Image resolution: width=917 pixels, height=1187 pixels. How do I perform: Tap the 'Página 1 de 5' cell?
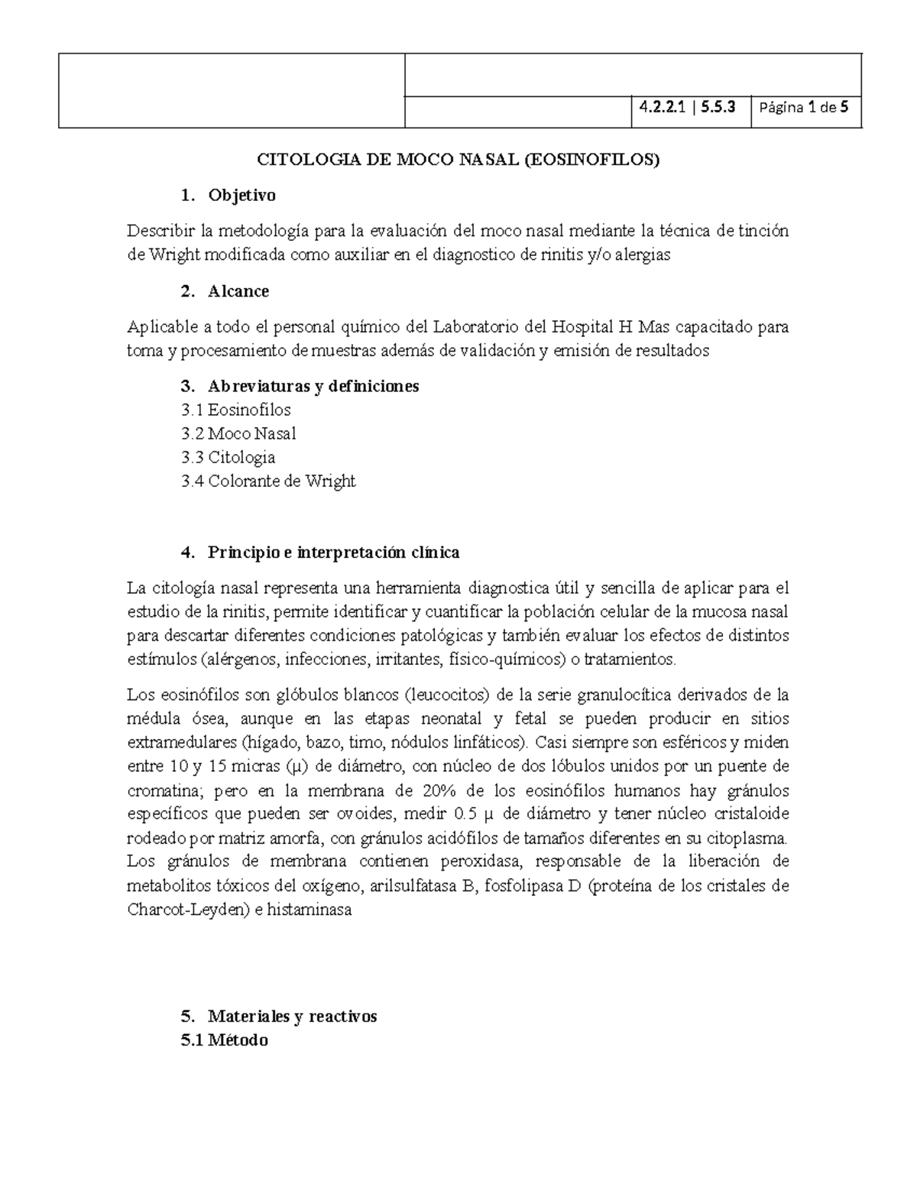click(x=805, y=108)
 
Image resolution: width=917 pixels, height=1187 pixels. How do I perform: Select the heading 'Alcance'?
click(x=238, y=291)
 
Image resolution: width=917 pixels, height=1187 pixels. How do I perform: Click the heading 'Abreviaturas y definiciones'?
click(x=313, y=386)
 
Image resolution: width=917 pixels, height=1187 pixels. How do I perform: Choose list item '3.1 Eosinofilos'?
click(x=236, y=410)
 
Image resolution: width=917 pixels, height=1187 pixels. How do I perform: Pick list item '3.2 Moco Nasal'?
click(x=238, y=433)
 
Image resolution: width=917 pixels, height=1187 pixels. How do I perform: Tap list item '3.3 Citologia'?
click(x=228, y=457)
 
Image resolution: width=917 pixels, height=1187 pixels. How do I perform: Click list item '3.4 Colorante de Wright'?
click(x=268, y=481)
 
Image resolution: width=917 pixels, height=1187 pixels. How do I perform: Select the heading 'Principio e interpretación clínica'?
click(x=333, y=552)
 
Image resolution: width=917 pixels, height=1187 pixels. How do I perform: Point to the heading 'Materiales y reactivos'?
click(x=292, y=1017)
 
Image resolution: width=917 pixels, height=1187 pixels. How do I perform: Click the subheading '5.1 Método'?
click(x=225, y=1040)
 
